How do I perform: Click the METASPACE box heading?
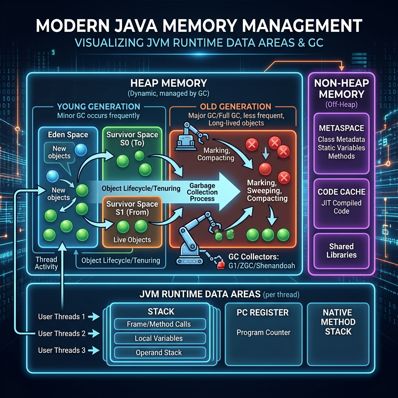(342, 128)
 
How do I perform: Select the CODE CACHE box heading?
(342, 192)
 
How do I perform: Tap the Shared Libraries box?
(342, 251)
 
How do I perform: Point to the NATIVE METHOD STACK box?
(338, 322)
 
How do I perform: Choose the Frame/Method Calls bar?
(159, 324)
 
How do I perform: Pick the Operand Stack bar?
(159, 353)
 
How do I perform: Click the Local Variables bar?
(159, 338)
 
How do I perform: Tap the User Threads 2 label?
(61, 333)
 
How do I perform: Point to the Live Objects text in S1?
(132, 240)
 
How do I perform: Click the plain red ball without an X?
(265, 169)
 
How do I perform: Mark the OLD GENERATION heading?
(236, 106)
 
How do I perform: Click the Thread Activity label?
(46, 263)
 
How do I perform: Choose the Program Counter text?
(264, 332)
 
